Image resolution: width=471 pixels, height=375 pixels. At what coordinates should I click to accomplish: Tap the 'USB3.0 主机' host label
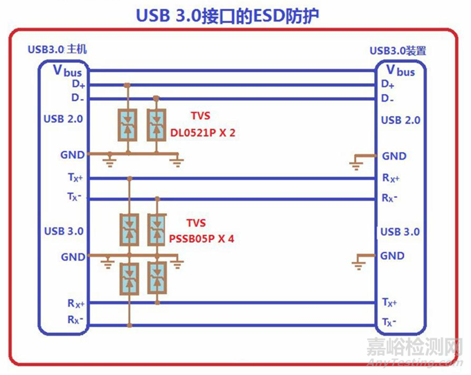57,50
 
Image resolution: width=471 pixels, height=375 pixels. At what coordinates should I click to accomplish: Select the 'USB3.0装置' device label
398,50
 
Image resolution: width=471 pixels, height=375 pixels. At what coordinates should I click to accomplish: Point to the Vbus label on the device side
400,70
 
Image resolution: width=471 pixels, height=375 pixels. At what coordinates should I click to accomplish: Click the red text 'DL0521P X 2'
203,132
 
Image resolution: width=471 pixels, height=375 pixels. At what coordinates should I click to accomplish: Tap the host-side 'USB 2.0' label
63,119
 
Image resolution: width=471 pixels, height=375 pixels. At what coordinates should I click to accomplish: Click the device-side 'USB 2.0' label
400,120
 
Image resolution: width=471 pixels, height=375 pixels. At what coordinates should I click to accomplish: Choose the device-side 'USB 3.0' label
400,231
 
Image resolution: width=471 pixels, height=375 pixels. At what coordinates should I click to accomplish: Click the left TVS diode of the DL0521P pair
127,125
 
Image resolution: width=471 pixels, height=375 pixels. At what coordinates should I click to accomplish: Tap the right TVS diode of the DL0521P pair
157,125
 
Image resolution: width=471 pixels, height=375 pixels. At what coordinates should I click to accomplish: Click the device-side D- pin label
388,98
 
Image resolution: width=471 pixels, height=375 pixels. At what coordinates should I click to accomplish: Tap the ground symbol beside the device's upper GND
357,162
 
